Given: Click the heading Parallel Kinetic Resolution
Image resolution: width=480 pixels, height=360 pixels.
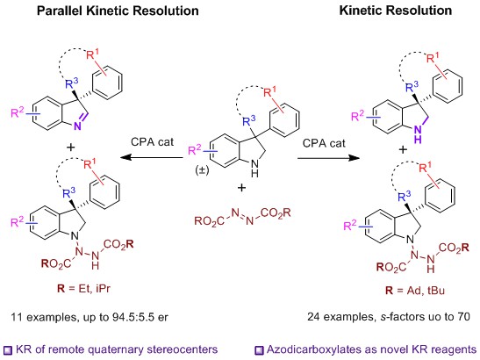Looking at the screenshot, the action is (x=118, y=11).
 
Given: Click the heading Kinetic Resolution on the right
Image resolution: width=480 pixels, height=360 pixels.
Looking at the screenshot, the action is (x=396, y=11).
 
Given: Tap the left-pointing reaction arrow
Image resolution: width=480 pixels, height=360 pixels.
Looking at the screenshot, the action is (x=152, y=158).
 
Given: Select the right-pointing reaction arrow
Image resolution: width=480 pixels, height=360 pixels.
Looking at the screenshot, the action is (x=328, y=158).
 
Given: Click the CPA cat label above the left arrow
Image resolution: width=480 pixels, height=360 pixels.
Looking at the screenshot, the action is (x=152, y=142).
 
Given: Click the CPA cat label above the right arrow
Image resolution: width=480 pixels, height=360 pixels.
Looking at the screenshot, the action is (x=324, y=143).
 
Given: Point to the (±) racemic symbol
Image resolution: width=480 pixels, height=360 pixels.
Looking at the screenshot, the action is (x=202, y=169).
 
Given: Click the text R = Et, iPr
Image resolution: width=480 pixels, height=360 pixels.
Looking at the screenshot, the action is (x=83, y=289).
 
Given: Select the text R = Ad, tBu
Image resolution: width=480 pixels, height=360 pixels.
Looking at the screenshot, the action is (x=415, y=290).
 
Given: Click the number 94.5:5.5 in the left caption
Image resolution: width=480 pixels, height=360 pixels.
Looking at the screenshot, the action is (x=133, y=316).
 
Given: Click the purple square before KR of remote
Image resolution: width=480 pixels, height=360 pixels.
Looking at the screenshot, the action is (x=8, y=349).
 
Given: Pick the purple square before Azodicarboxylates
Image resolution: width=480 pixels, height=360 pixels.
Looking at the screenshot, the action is (x=259, y=349).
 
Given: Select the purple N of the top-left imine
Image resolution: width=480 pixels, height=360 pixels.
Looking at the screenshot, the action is (x=77, y=126).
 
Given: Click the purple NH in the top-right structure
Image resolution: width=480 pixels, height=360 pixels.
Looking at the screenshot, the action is (x=418, y=134).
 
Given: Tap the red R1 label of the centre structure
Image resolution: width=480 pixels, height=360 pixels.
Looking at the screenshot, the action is (x=269, y=91).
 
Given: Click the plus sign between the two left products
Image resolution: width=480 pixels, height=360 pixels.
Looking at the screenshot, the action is (x=71, y=148).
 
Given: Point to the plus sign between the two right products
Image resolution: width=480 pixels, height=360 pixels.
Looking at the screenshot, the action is (x=403, y=149).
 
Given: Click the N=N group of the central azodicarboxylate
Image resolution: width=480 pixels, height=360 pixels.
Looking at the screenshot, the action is (x=242, y=216).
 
